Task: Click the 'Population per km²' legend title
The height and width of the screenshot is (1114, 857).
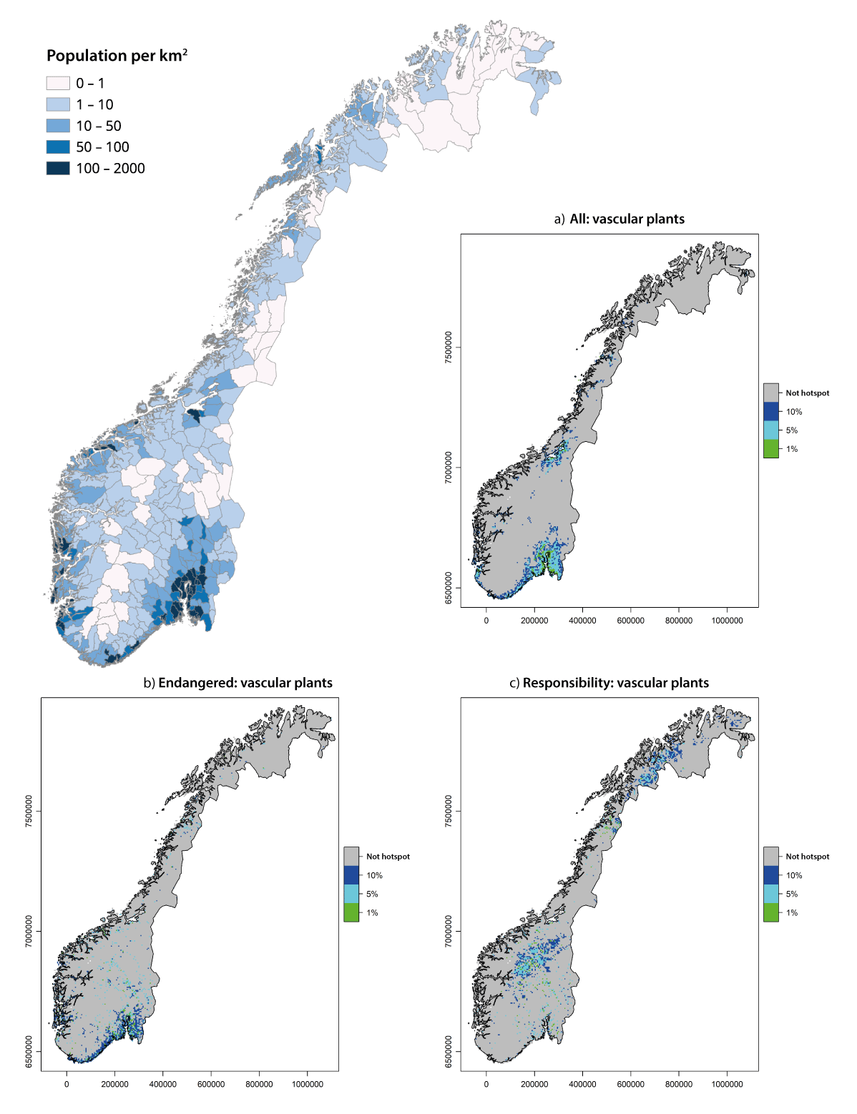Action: click(117, 56)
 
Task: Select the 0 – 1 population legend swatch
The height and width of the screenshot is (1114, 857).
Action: click(58, 83)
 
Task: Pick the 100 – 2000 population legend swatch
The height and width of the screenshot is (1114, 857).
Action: click(58, 168)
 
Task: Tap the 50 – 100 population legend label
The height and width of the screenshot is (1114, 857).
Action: click(102, 147)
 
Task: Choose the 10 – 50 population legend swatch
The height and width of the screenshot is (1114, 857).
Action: click(58, 126)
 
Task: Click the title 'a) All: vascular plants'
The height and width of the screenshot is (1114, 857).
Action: click(619, 220)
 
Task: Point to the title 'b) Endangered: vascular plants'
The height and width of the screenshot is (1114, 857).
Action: click(237, 683)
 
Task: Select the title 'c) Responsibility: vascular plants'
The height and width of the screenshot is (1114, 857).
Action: click(609, 683)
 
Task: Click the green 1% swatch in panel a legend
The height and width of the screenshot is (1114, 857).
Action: click(770, 449)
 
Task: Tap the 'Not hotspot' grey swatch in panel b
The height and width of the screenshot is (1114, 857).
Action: click(351, 856)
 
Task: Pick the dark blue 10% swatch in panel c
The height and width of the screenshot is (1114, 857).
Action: click(770, 875)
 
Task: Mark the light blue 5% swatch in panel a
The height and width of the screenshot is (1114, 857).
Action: click(770, 430)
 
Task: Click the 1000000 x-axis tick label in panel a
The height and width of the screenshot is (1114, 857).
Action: click(727, 621)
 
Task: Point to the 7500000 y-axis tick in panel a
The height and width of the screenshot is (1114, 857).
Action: click(449, 347)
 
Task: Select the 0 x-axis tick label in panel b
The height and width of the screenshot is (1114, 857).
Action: click(67, 1084)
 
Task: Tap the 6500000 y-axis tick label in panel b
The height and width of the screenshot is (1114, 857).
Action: click(29, 1051)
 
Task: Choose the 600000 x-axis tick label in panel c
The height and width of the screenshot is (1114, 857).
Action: click(630, 1084)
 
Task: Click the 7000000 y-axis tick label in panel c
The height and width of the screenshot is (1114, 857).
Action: click(449, 931)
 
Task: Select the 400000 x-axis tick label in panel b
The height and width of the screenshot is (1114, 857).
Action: click(162, 1084)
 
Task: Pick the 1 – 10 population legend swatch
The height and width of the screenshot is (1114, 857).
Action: click(58, 104)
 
